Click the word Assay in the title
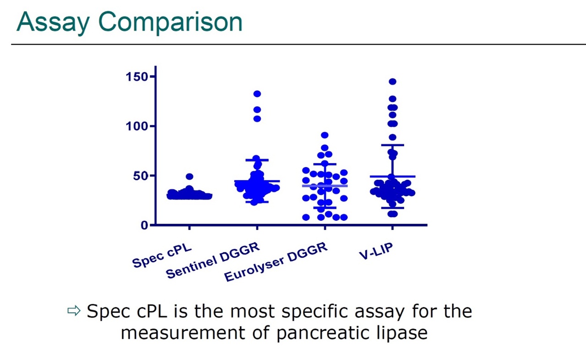point(53,22)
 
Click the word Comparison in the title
point(170,22)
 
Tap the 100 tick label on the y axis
point(137,126)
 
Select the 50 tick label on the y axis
point(141,176)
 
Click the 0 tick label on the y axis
point(144,225)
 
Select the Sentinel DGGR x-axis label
point(213,260)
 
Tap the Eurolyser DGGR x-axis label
point(276,262)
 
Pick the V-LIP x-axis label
point(376,252)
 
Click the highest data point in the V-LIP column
point(392,81)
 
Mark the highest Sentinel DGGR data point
point(257,94)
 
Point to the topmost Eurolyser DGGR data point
point(325,135)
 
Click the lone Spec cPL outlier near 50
point(190,177)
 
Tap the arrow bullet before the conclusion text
point(74,311)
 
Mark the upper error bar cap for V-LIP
point(392,145)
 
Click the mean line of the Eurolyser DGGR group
point(325,186)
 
